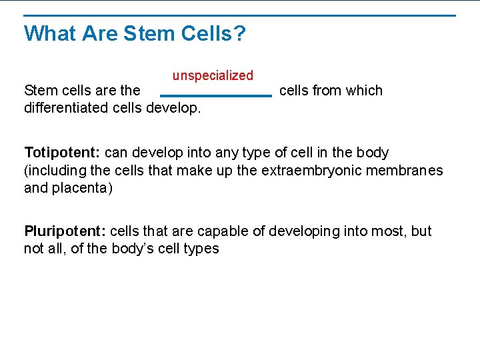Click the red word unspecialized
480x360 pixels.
pyautogui.click(x=213, y=76)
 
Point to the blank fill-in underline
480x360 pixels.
pyautogui.click(x=216, y=96)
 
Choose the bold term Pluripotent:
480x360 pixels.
pyautogui.click(x=65, y=231)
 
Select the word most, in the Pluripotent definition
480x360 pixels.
pyautogui.click(x=387, y=231)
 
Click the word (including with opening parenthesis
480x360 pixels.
pyautogui.click(x=53, y=171)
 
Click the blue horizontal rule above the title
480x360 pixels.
pyautogui.click(x=240, y=15)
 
